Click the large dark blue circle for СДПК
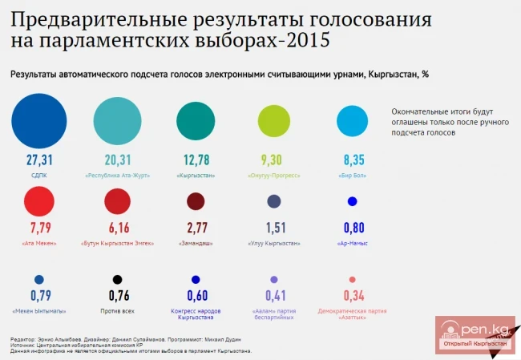(38, 120)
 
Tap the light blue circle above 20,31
(117, 120)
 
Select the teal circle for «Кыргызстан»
(195, 121)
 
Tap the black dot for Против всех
(117, 280)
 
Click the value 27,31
(38, 159)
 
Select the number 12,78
(195, 159)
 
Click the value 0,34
(353, 295)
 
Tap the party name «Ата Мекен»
(38, 243)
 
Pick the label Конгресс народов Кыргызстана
(195, 313)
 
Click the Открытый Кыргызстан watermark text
(475, 343)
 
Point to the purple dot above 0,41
(274, 280)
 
